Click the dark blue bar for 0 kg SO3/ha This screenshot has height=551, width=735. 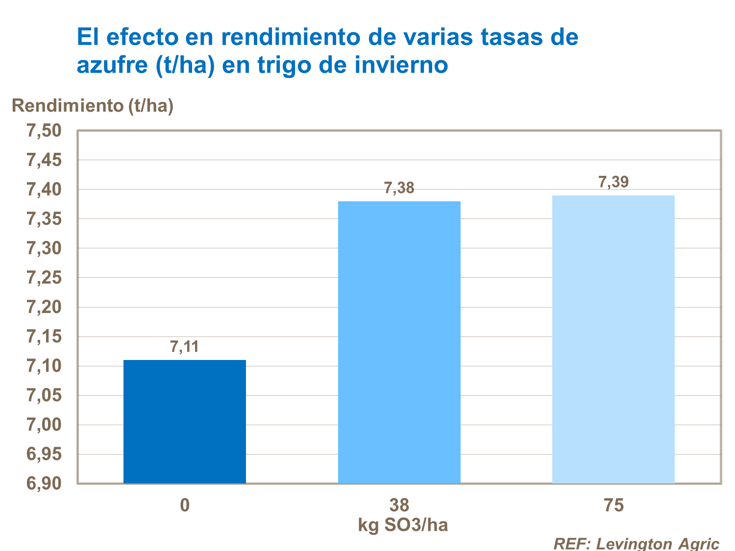(185, 422)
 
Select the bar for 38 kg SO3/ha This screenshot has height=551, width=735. (399, 342)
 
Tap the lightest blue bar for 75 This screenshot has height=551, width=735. (613, 339)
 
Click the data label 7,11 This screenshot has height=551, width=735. (184, 347)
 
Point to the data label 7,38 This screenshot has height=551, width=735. (399, 188)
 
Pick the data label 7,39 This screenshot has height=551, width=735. (613, 182)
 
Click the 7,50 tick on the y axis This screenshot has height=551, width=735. (44, 131)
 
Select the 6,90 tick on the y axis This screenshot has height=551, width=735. (44, 483)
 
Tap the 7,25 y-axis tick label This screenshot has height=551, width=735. (44, 278)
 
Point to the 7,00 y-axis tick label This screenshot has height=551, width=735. (44, 425)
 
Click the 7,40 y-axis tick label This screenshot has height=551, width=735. (44, 190)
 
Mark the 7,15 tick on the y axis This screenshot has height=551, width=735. (44, 336)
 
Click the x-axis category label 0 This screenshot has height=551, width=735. (185, 505)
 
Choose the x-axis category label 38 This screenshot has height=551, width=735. (399, 505)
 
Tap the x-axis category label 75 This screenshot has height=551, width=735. (613, 505)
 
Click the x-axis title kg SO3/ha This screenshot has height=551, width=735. (403, 525)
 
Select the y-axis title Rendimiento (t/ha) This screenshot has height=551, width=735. (93, 105)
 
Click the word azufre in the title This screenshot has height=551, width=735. (112, 65)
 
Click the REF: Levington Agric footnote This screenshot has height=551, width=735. (636, 543)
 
